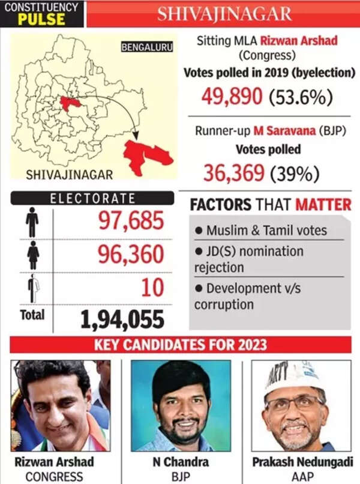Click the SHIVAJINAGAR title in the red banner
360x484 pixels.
[x=224, y=14]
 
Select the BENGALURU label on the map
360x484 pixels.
[x=147, y=46]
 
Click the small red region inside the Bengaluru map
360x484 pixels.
[x=70, y=103]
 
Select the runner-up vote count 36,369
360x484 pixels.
[x=234, y=174]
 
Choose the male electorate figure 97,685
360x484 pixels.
[x=130, y=222]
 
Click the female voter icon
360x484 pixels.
[x=32, y=255]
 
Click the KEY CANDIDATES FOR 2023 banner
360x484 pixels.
[x=180, y=345]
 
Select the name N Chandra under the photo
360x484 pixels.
[x=180, y=462]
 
